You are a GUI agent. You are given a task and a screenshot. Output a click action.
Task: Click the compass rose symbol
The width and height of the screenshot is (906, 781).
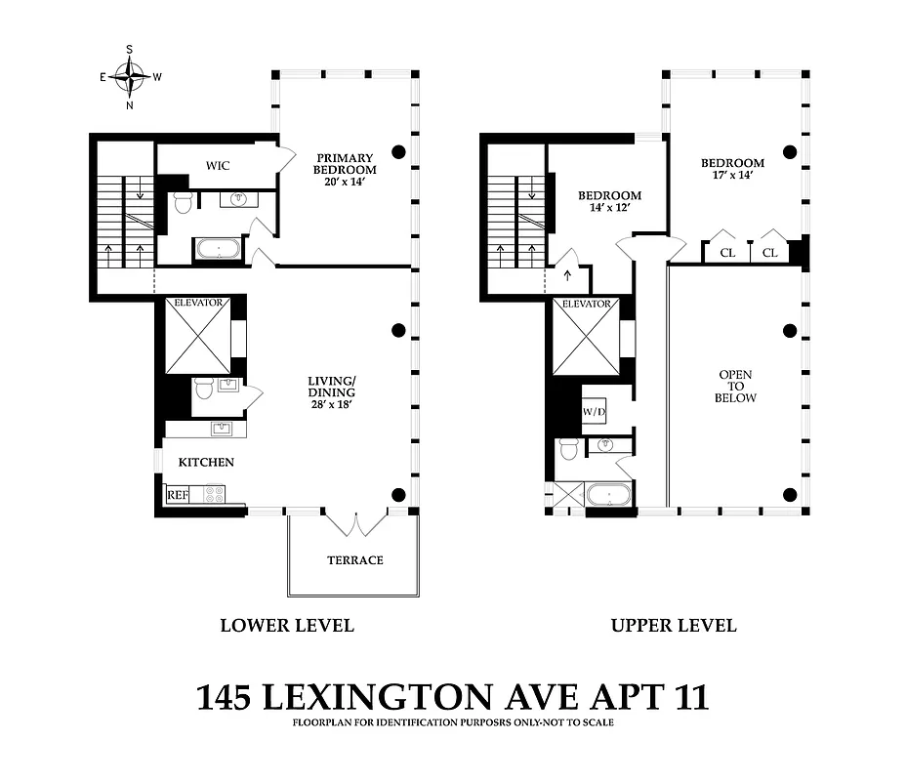(x=129, y=75)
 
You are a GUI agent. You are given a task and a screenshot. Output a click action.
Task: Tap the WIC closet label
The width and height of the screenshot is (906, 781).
(x=218, y=165)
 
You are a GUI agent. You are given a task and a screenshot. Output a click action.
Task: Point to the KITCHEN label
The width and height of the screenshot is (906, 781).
(x=205, y=462)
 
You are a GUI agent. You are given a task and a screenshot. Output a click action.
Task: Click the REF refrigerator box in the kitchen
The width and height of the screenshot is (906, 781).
(x=177, y=495)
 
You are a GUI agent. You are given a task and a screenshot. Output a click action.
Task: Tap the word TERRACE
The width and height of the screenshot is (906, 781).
(x=353, y=560)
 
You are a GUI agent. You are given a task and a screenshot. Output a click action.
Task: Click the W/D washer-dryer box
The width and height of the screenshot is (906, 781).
(x=594, y=411)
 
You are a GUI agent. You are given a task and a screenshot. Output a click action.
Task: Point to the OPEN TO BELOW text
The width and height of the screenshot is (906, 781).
(x=736, y=387)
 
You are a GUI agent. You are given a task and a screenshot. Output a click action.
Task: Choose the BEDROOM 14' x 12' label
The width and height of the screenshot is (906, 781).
(x=607, y=201)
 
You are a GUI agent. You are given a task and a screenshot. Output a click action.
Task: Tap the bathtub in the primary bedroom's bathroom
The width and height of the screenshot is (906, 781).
(x=219, y=249)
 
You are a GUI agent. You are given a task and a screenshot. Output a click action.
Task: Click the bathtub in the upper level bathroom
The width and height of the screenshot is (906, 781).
(x=610, y=495)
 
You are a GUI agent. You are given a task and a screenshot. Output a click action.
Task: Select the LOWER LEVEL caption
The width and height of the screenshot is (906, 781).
(x=286, y=626)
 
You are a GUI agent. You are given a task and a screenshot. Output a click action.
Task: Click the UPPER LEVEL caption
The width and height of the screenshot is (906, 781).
(x=674, y=626)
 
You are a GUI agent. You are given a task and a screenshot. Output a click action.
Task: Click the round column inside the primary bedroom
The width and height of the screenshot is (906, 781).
(x=398, y=151)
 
